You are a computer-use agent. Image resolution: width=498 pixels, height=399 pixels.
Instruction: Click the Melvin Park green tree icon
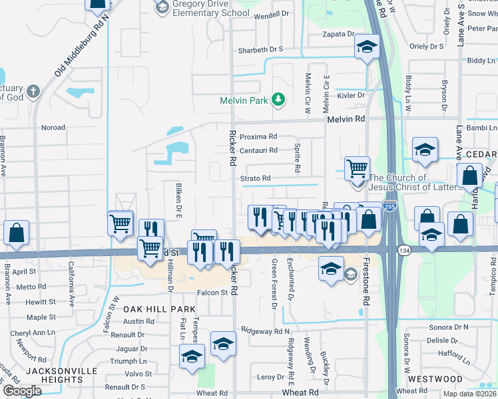click(278, 100)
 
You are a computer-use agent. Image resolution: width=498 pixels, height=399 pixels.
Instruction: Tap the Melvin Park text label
click(244, 100)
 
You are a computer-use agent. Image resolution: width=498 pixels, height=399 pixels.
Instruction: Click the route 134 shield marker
click(404, 250)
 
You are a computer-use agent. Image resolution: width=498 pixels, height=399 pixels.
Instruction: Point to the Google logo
click(23, 391)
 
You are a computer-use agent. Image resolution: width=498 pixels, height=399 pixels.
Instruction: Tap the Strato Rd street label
click(256, 178)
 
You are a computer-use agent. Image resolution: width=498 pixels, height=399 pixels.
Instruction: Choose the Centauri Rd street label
click(258, 151)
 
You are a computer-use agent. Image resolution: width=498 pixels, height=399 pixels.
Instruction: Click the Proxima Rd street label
click(258, 136)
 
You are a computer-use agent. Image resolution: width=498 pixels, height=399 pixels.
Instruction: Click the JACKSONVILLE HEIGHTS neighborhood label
click(59, 375)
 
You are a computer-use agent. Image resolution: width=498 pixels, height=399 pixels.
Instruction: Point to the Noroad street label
click(53, 128)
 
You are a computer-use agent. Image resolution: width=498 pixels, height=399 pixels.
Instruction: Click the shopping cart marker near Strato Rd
click(358, 169)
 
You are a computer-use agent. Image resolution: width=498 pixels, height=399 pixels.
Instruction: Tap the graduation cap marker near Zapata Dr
click(366, 47)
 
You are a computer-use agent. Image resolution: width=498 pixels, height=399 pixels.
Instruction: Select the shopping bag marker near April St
click(17, 233)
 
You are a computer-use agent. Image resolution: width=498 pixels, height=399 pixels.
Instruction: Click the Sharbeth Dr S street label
click(261, 49)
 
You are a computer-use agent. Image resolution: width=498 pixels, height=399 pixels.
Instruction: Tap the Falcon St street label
click(212, 293)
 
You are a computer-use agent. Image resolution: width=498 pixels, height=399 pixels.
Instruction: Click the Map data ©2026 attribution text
click(470, 394)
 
